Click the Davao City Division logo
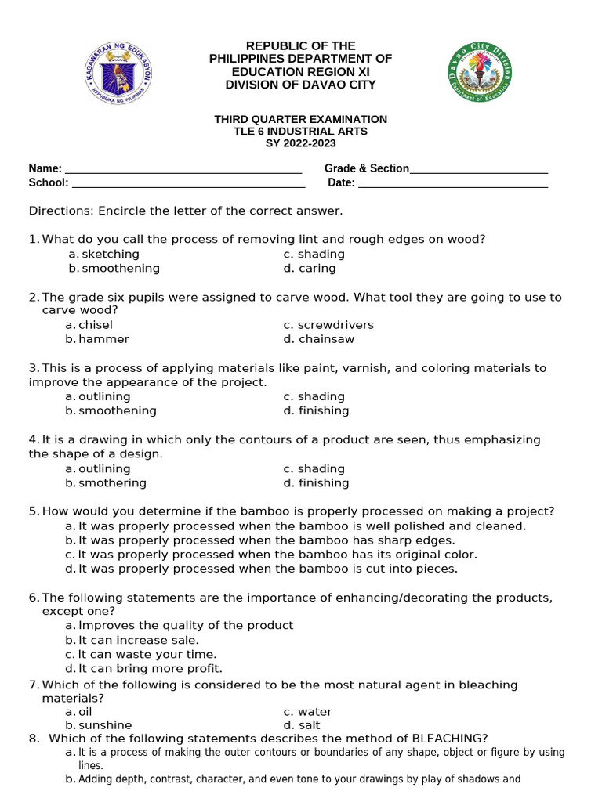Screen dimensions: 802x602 click(480, 71)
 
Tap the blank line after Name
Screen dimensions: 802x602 click(183, 169)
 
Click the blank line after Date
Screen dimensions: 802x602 click(452, 184)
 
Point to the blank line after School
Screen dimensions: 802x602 click(188, 184)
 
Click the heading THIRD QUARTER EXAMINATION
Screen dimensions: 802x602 click(300, 119)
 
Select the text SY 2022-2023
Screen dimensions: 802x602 click(300, 143)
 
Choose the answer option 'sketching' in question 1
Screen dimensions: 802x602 click(111, 255)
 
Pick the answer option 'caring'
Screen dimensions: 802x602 click(317, 269)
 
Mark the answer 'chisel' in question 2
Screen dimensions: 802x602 click(96, 325)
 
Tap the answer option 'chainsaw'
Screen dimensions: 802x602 click(326, 339)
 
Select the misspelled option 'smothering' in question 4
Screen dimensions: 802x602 click(112, 483)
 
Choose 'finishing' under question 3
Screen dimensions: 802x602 click(324, 411)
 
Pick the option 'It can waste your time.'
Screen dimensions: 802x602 click(147, 654)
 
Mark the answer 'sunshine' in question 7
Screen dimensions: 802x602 click(105, 725)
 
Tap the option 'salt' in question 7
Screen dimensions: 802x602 click(310, 725)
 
